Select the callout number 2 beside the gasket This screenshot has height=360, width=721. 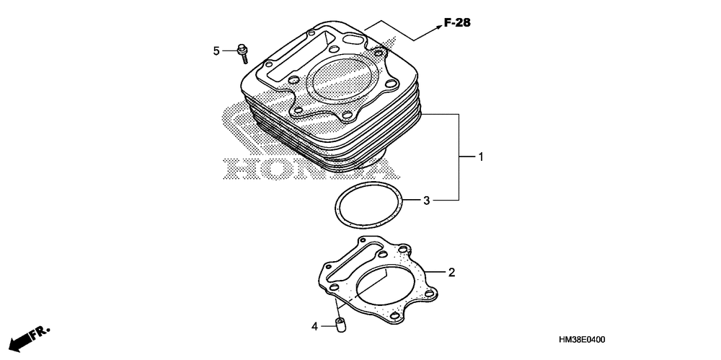[451, 272]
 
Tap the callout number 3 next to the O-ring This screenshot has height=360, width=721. [426, 200]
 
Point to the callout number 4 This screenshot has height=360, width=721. [314, 327]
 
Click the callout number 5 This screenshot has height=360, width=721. [216, 51]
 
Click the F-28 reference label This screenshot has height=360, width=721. [456, 24]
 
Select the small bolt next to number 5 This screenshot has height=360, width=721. [242, 52]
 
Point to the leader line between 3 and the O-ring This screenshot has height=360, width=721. [411, 200]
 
